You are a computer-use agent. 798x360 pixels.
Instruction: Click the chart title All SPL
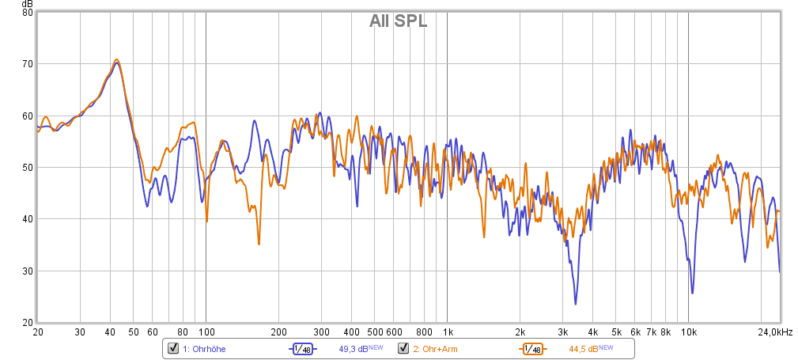[398, 21]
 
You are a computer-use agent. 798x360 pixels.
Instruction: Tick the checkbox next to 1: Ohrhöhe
[172, 348]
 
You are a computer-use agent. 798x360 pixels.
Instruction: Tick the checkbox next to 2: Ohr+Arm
[403, 348]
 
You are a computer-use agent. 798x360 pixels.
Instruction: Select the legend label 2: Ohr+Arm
[435, 349]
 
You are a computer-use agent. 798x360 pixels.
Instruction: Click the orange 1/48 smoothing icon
[532, 349]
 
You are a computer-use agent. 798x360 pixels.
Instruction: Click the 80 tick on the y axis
[28, 13]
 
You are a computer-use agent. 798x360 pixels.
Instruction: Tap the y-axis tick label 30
[28, 271]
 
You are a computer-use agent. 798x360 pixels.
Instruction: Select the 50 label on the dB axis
[28, 168]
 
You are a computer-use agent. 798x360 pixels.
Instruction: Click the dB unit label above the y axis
[28, 4]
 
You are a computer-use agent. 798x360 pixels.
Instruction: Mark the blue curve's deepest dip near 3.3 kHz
[575, 304]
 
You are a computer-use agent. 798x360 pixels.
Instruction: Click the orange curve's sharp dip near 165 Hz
[259, 244]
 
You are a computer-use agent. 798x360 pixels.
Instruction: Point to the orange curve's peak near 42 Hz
[116, 59]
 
